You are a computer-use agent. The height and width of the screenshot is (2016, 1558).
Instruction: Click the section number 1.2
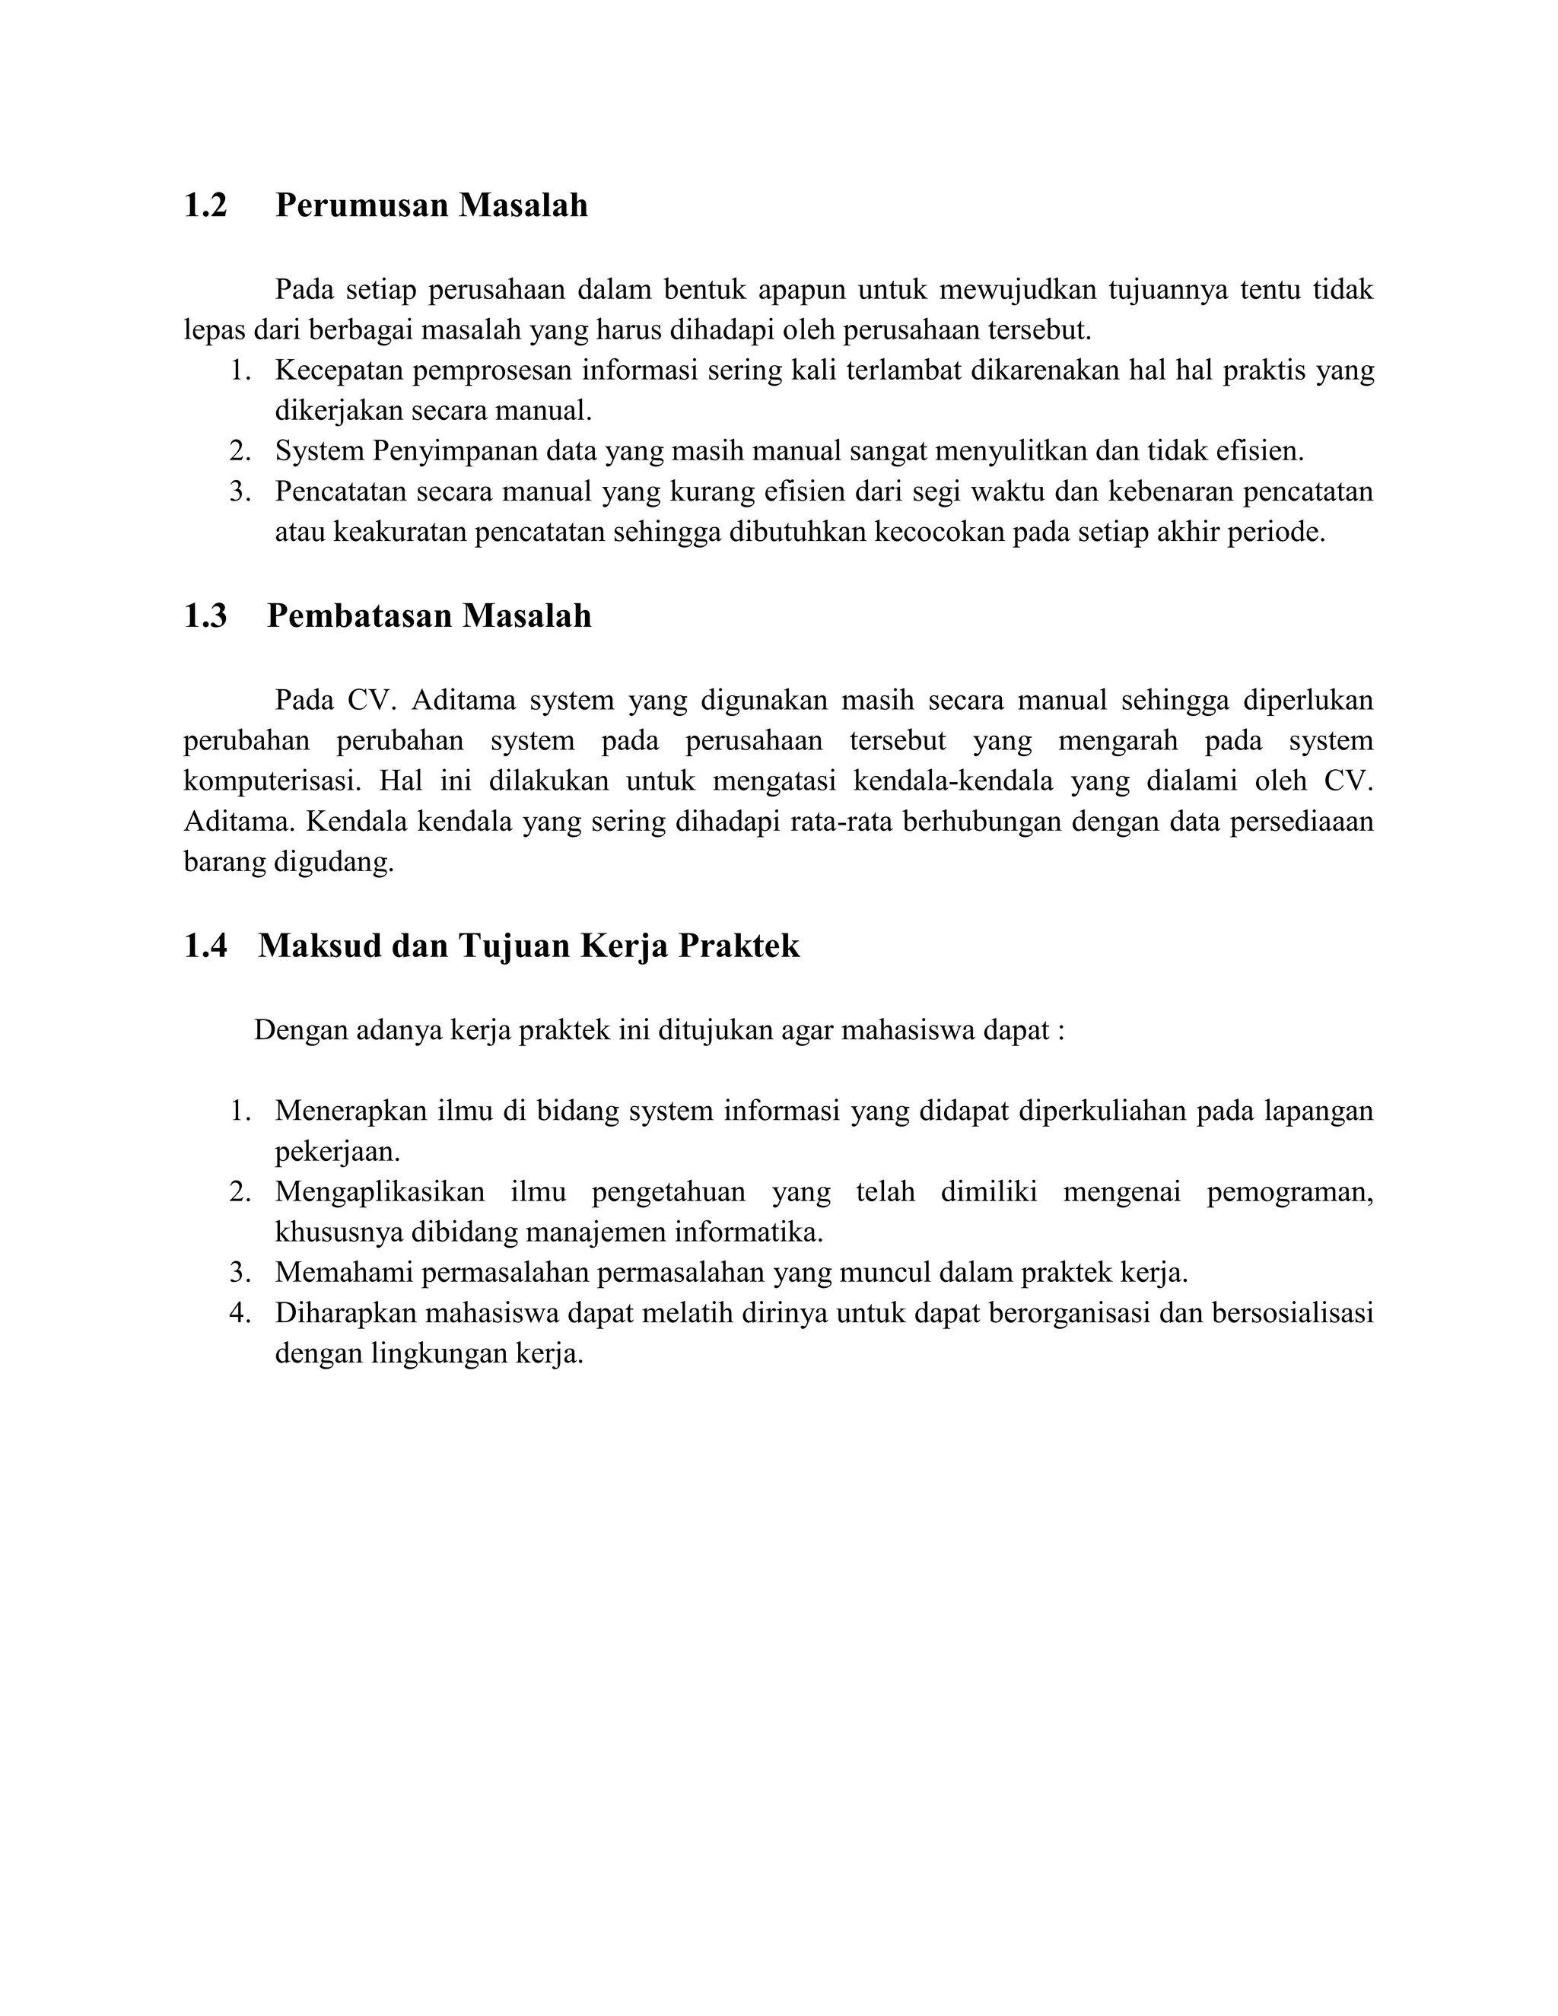pyautogui.click(x=205, y=205)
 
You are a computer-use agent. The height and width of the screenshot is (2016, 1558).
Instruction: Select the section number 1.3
pyautogui.click(x=205, y=615)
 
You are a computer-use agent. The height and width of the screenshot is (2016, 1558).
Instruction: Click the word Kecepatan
pyautogui.click(x=338, y=371)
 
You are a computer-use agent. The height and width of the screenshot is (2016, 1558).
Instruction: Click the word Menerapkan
pyautogui.click(x=350, y=1111)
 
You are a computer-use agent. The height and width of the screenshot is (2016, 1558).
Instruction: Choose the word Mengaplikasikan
pyautogui.click(x=380, y=1191)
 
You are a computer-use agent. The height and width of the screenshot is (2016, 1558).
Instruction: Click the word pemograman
pyautogui.click(x=1289, y=1191)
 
